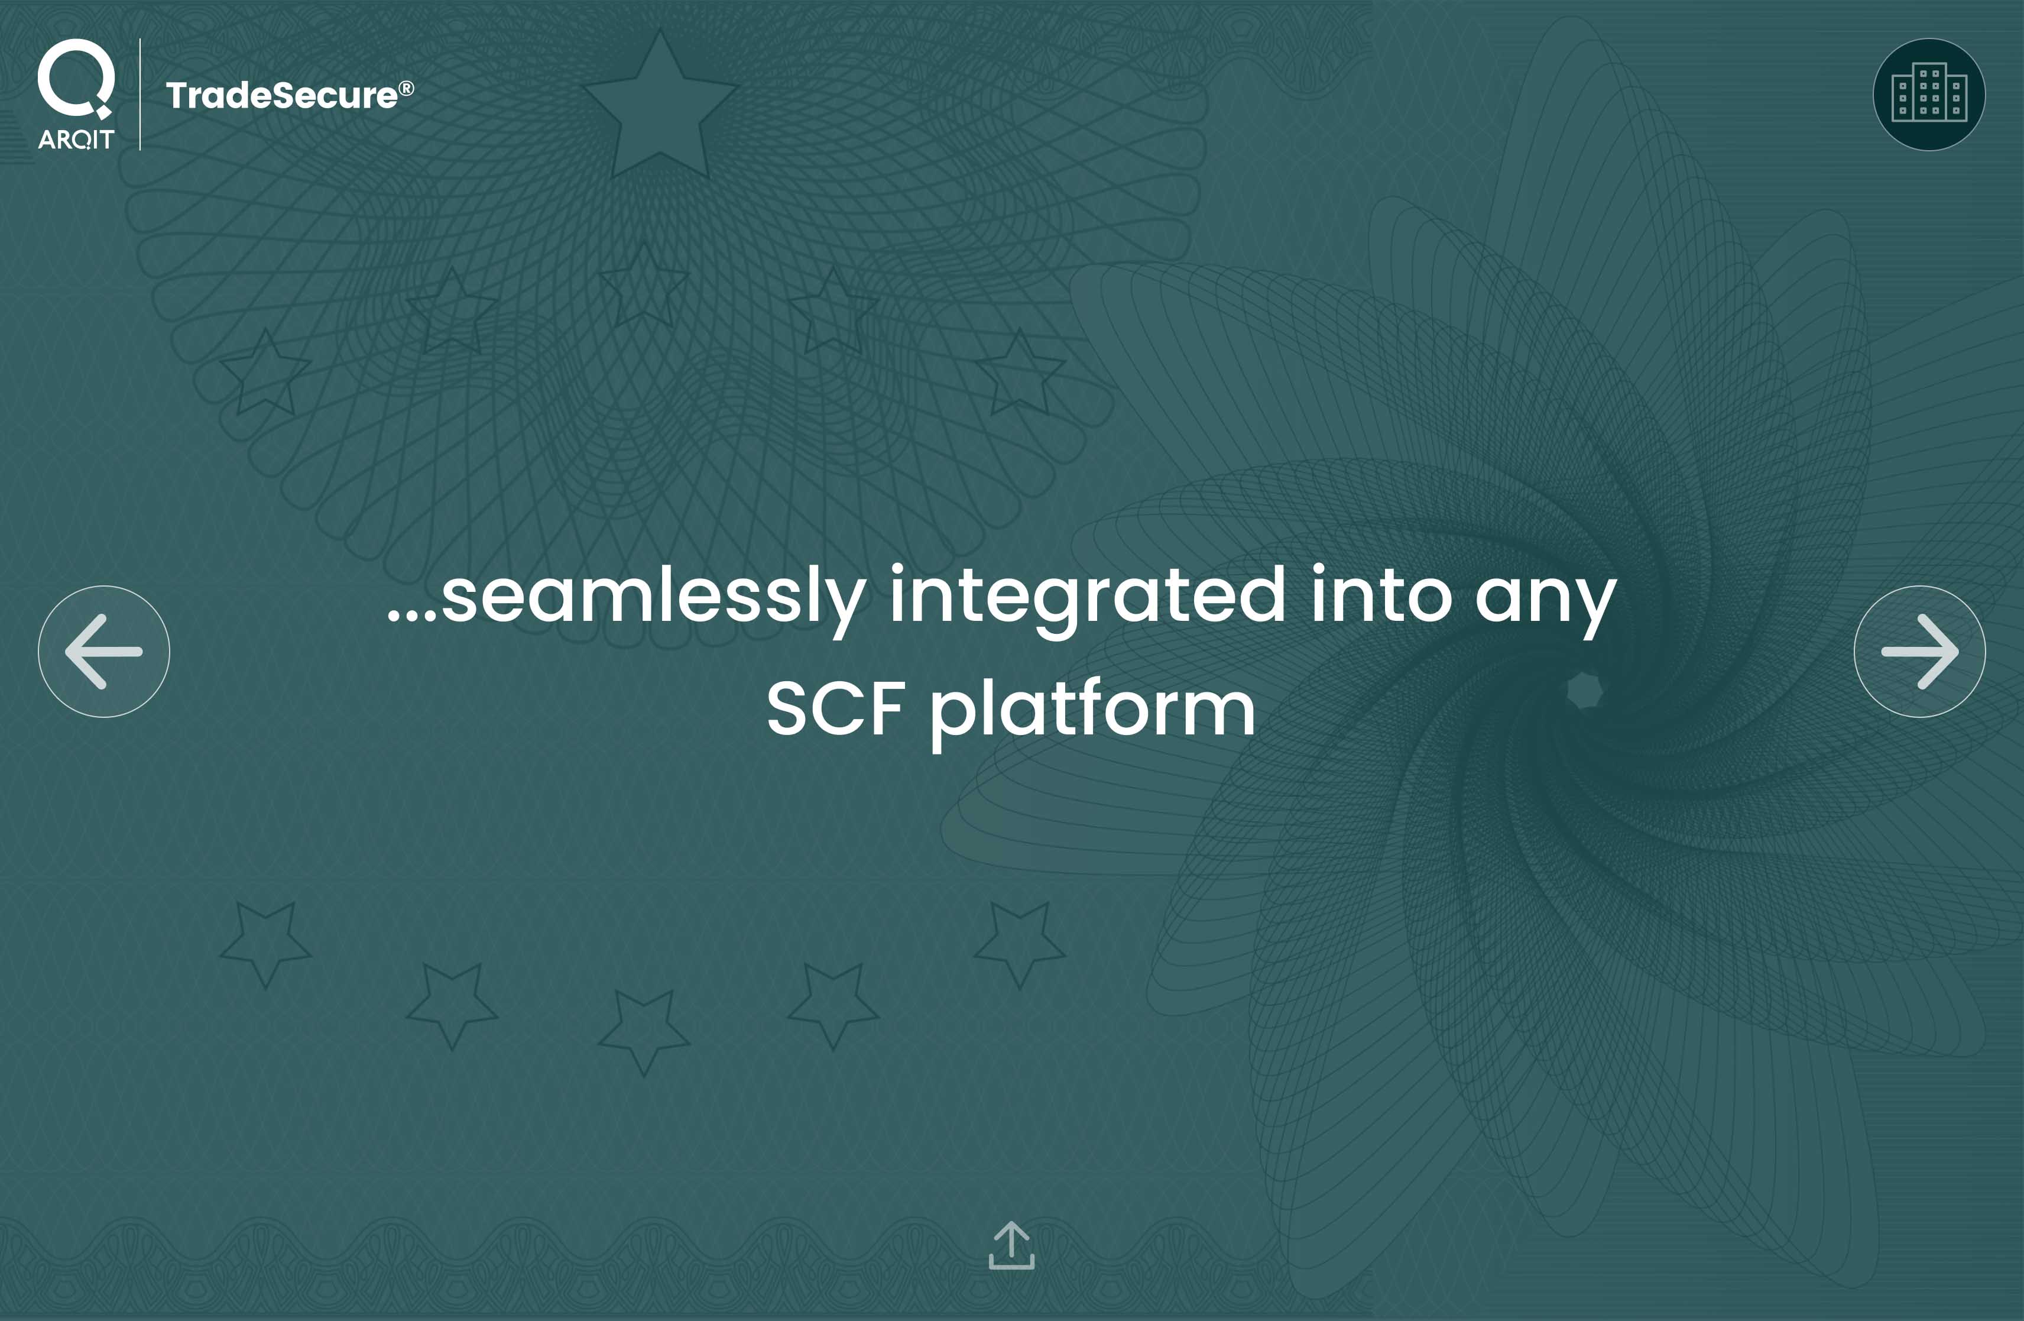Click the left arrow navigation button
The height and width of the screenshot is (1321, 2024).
coord(104,652)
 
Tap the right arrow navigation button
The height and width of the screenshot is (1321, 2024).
coord(1919,652)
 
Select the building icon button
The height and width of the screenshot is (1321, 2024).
coord(1929,95)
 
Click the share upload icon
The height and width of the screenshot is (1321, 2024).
coord(1012,1245)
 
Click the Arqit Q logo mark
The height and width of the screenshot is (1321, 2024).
coord(76,78)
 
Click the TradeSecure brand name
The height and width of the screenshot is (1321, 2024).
coord(281,95)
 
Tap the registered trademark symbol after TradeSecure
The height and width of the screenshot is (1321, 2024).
coord(407,88)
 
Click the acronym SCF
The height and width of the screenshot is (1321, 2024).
coord(835,708)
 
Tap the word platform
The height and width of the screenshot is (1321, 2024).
coord(1093,713)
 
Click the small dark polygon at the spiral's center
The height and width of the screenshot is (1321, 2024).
coord(1584,690)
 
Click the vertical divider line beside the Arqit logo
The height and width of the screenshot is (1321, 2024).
coord(140,95)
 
